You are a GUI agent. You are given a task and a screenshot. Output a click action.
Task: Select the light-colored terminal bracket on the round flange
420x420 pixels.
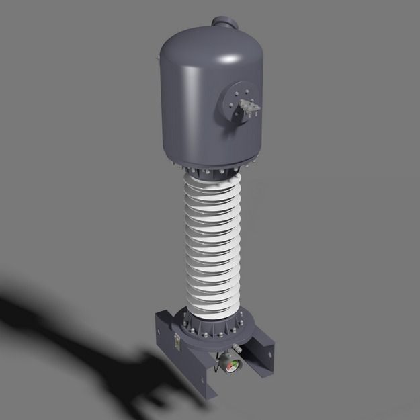point(247,108)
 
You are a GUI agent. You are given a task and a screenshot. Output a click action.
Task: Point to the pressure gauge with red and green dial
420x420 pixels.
point(230,366)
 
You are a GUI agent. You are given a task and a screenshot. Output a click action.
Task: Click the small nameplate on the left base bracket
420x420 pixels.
point(176,341)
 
